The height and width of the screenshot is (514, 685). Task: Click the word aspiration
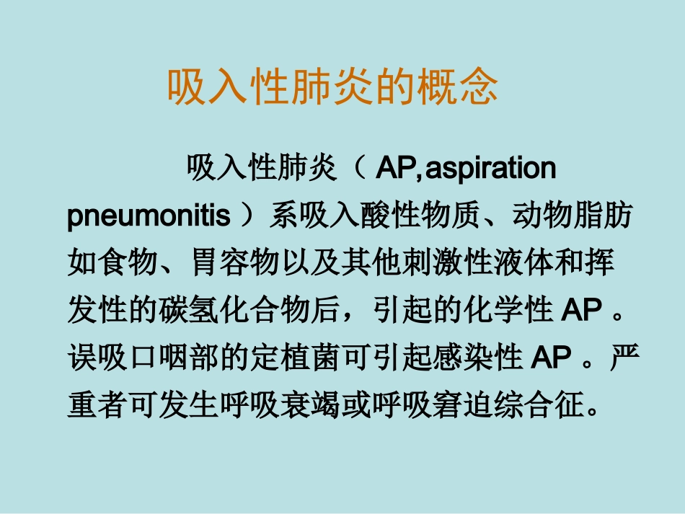click(x=491, y=169)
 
